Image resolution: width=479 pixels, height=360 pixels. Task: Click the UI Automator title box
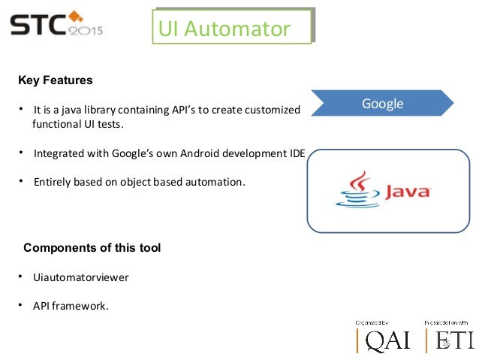coord(233,29)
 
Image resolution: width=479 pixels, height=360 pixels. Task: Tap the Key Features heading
coord(55,80)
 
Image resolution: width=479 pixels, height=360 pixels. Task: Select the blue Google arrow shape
coord(382,104)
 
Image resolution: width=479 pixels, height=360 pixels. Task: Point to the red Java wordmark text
coord(406,192)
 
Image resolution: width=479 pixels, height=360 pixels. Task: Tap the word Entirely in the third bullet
coord(54,182)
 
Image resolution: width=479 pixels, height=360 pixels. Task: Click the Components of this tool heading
coord(92,248)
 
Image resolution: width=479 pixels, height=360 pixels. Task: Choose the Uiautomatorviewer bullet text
coord(81,277)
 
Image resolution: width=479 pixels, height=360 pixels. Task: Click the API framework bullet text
coord(71,305)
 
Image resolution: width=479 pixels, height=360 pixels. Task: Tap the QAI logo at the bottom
coord(384,340)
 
